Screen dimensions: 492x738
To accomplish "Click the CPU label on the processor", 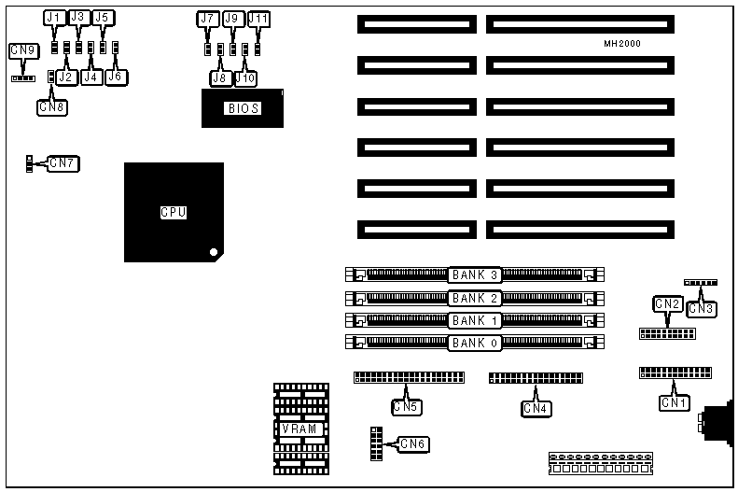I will point(174,213).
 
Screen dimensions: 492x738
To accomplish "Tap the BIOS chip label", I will point(242,108).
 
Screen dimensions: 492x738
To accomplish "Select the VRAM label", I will point(301,429).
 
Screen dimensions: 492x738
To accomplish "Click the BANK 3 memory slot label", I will point(475,274).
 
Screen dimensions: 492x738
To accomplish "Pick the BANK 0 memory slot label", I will point(475,343).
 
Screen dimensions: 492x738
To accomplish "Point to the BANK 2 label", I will point(475,298).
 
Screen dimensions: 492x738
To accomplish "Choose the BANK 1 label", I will point(475,320).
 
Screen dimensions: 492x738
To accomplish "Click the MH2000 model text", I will point(621,44).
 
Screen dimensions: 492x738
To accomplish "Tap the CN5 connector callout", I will point(406,406).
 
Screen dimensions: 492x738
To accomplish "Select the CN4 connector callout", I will point(536,407).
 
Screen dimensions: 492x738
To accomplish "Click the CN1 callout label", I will point(674,402).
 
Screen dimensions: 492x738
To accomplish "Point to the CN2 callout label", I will point(667,303).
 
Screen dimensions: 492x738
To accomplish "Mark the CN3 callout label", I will point(702,308).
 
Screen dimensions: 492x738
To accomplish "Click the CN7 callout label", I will point(63,163).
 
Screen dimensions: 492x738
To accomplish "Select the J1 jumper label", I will point(53,18).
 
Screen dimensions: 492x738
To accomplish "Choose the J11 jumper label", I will point(258,19).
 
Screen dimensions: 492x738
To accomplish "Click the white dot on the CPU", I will point(214,252).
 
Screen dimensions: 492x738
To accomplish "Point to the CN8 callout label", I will point(52,106).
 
